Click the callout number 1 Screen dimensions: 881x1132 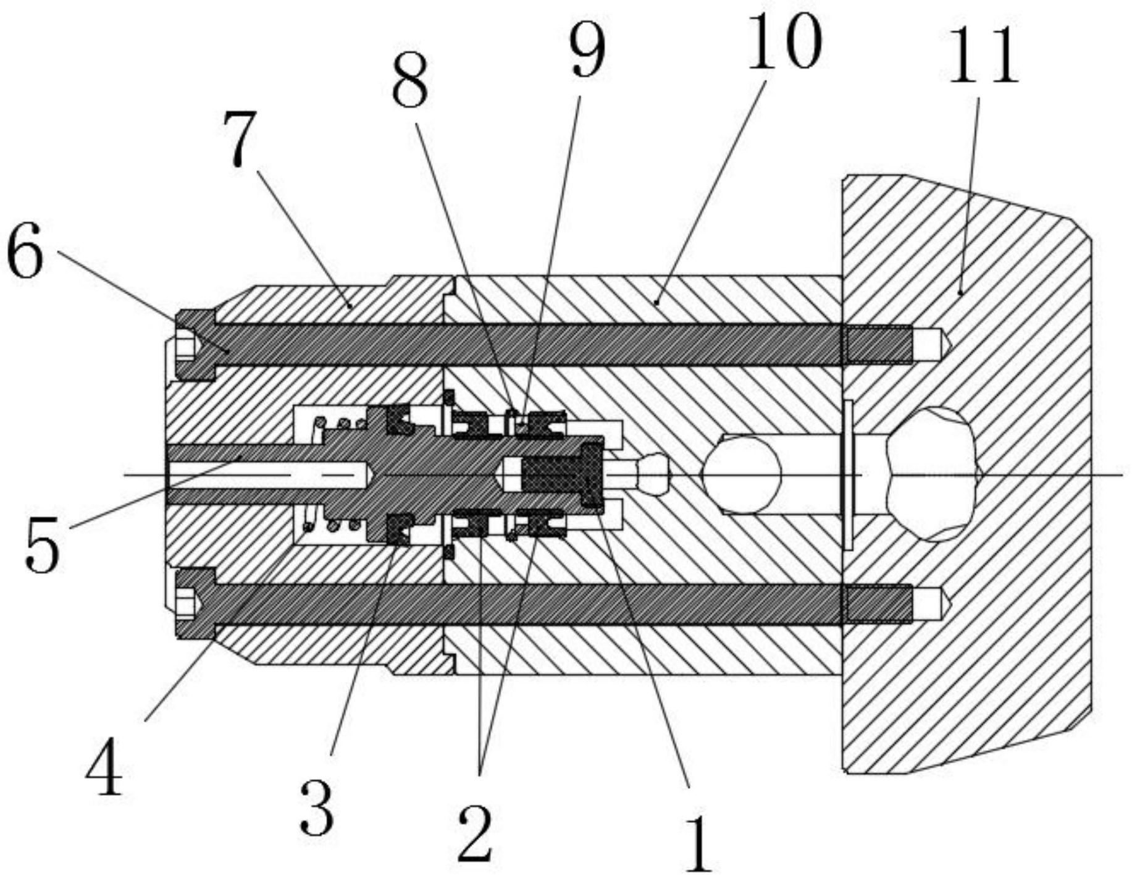pos(698,844)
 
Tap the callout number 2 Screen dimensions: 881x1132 pos(475,832)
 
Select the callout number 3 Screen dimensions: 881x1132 pos(317,806)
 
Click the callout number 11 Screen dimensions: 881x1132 pos(982,57)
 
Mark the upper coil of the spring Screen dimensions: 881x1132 pos(337,424)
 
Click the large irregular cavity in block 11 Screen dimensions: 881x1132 pos(933,474)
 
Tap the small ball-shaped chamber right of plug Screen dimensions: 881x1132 pos(655,474)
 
